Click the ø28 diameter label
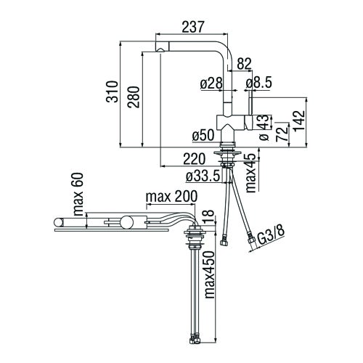click(x=210, y=83)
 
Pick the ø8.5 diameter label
click(x=261, y=83)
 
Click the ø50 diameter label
click(x=205, y=136)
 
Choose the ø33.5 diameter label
click(x=203, y=176)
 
